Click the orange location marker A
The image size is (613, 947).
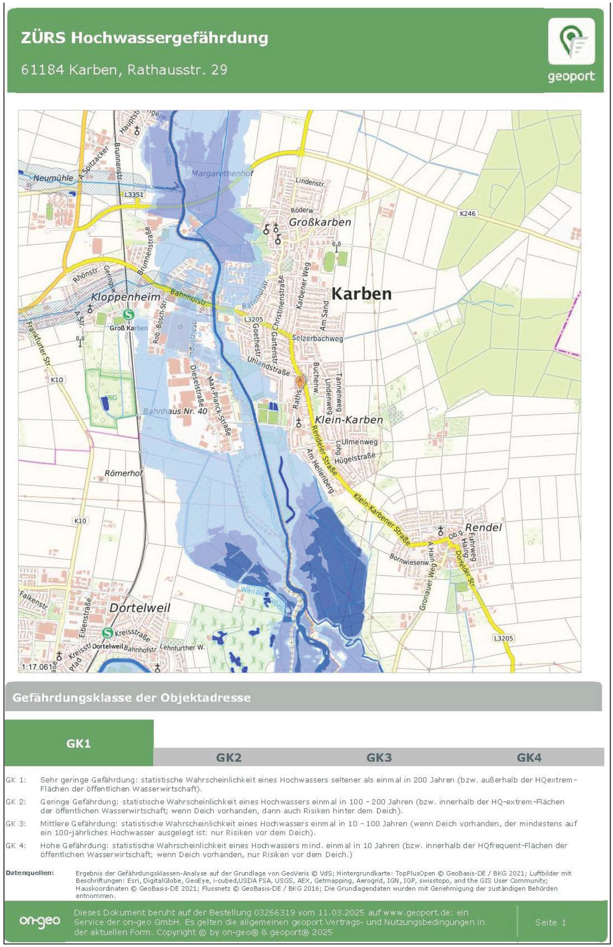(x=300, y=381)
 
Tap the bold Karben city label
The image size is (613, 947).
(x=362, y=294)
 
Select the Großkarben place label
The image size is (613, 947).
(x=320, y=222)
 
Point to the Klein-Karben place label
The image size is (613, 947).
(x=349, y=420)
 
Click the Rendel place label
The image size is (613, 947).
(x=483, y=528)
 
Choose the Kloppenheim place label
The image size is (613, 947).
(x=126, y=297)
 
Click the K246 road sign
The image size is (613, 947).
(x=467, y=214)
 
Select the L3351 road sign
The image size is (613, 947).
(x=133, y=195)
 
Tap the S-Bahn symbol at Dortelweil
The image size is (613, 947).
(x=107, y=632)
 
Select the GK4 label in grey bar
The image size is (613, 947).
(x=529, y=757)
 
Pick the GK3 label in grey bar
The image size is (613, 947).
(x=379, y=757)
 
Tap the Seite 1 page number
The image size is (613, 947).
(x=551, y=922)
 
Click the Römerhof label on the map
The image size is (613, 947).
(x=123, y=473)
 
